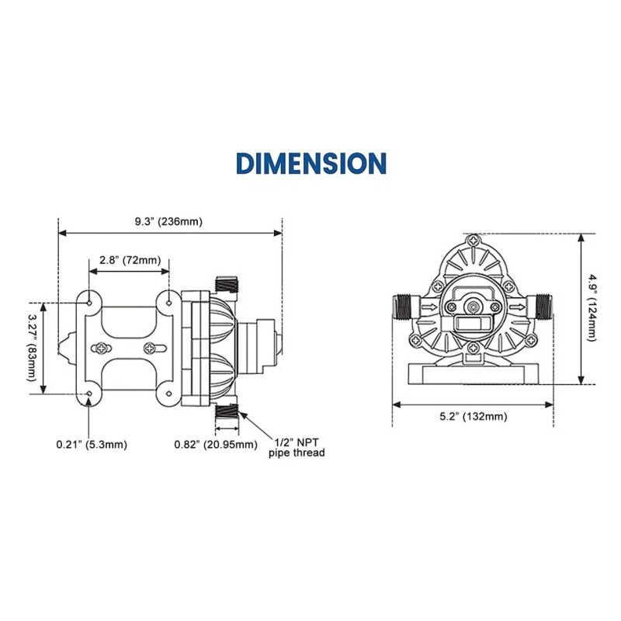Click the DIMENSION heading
pyautogui.click(x=310, y=163)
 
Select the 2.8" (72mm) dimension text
pyautogui.click(x=129, y=260)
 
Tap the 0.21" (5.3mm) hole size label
pyautogui.click(x=91, y=444)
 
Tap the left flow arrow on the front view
pyautogui.click(x=428, y=307)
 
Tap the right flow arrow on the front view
pyautogui.click(x=515, y=307)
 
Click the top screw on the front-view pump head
pyautogui.click(x=474, y=241)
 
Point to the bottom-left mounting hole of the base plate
pyautogui.click(x=90, y=394)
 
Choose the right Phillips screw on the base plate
pyautogui.click(x=149, y=348)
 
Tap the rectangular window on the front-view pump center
pyautogui.click(x=471, y=321)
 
